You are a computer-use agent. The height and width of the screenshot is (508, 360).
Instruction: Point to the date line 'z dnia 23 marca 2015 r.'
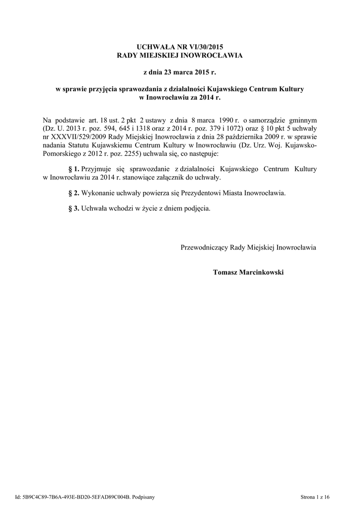click(180, 72)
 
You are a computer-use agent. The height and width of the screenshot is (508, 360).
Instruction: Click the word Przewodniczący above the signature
click(205, 247)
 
